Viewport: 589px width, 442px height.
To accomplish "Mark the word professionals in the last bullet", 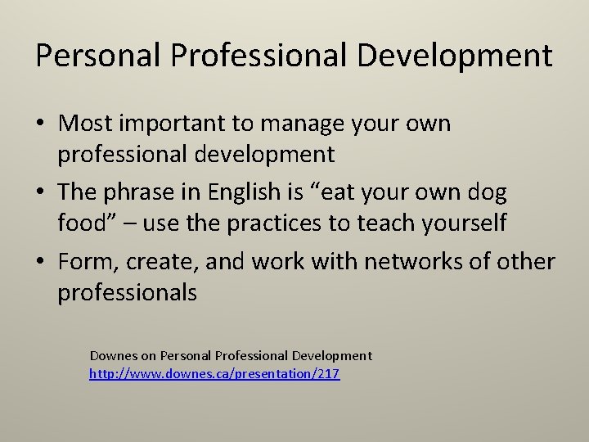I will [128, 292].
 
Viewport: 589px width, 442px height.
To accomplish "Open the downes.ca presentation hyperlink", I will [214, 374].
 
